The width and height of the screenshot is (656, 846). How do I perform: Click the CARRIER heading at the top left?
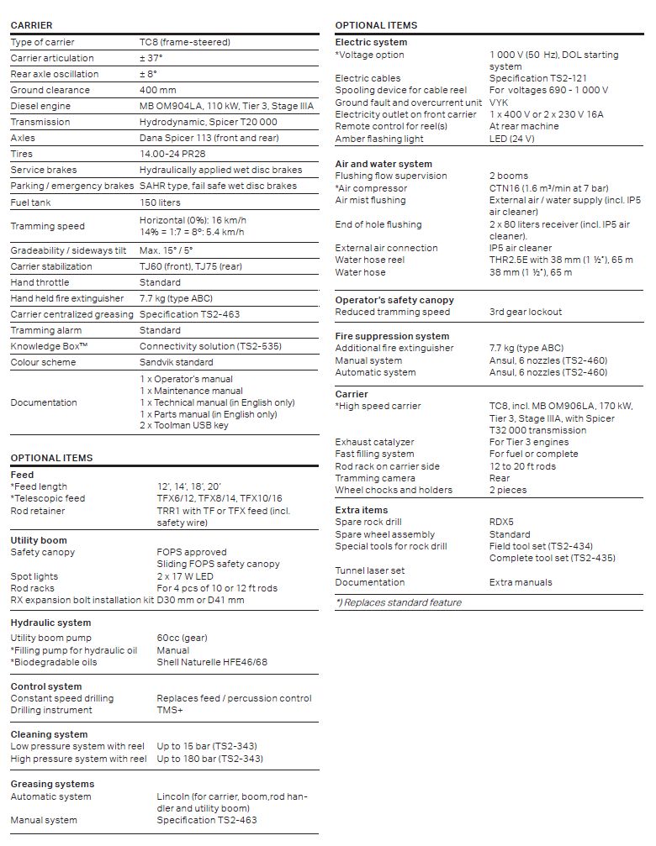click(x=31, y=25)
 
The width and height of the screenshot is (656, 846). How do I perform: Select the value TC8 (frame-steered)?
click(x=184, y=42)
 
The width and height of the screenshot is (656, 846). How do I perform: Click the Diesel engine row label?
click(x=40, y=106)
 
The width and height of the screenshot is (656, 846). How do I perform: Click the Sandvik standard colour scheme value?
click(x=177, y=362)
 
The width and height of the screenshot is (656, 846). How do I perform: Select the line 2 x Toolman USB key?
click(x=183, y=425)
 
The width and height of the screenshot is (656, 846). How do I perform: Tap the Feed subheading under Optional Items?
click(x=22, y=475)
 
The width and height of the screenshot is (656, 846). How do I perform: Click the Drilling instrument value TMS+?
click(x=169, y=710)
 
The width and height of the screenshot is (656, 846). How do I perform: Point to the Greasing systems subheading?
click(x=52, y=784)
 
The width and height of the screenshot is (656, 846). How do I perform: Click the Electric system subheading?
click(x=371, y=42)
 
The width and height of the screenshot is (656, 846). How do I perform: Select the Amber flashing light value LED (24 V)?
click(x=511, y=139)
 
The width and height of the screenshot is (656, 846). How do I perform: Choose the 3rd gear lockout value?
click(x=526, y=312)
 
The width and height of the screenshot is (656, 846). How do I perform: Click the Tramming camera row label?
click(x=375, y=478)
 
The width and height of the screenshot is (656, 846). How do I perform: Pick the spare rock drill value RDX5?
click(x=501, y=522)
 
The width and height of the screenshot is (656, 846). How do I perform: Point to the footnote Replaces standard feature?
click(x=399, y=602)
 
